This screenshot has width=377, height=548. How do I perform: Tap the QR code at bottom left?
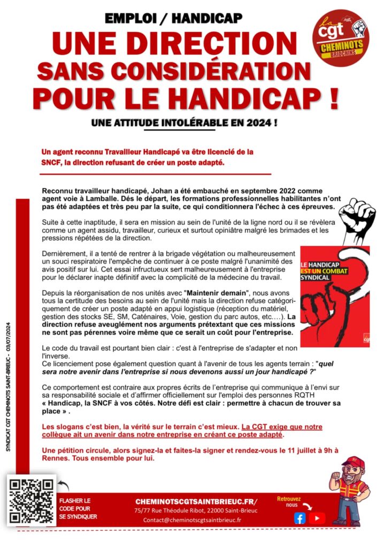32,500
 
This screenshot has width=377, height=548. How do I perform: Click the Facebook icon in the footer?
300,517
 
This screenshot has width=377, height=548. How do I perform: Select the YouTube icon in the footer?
317,517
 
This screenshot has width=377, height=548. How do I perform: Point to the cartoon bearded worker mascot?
350,490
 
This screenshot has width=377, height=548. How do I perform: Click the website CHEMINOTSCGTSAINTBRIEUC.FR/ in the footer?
196,501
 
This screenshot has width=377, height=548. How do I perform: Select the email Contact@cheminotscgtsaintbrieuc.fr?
192,520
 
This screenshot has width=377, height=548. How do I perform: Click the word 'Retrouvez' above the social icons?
289,499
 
